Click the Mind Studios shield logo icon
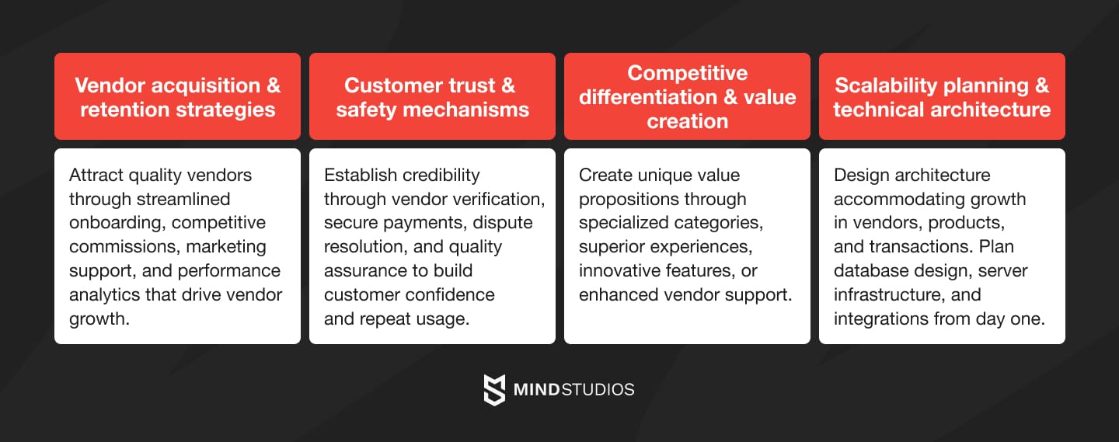click(495, 389)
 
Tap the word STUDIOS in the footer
click(599, 389)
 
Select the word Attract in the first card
click(96, 175)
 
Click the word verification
click(500, 199)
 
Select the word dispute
click(503, 223)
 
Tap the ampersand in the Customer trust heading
click(507, 85)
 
